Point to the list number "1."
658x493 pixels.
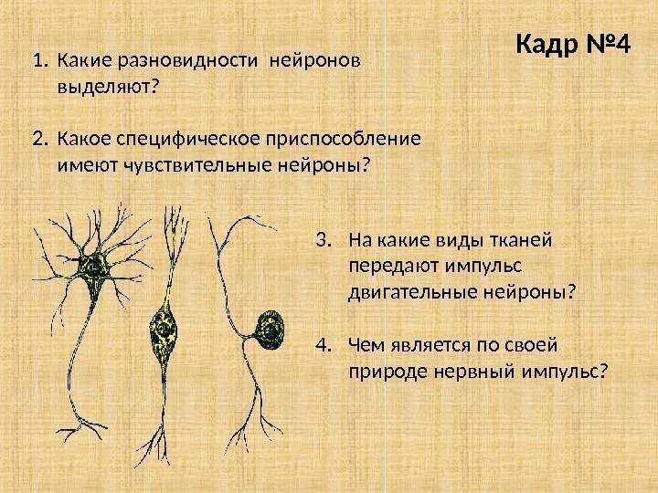point(37,63)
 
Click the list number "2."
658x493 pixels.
point(38,141)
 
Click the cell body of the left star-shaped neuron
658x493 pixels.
point(94,267)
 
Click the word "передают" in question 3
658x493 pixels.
point(387,267)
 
